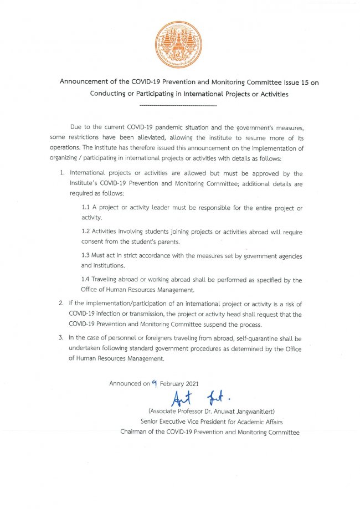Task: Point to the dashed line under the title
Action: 179,105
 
